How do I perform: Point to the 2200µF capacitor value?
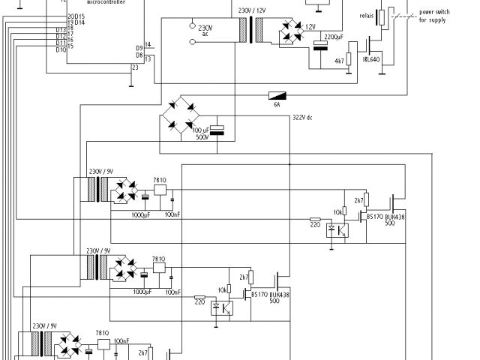tap(334, 36)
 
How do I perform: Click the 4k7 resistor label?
tap(339, 61)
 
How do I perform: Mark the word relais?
tap(367, 15)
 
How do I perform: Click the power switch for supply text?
tap(436, 16)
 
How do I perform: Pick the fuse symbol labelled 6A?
tap(277, 95)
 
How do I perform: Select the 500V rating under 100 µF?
tap(202, 137)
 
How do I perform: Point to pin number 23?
tap(135, 68)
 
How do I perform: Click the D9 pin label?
tap(139, 47)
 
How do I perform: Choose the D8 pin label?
tap(139, 55)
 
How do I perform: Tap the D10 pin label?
tap(61, 49)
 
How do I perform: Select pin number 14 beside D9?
tap(148, 44)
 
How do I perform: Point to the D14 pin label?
tap(79, 22)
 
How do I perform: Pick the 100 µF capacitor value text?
tap(201, 130)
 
